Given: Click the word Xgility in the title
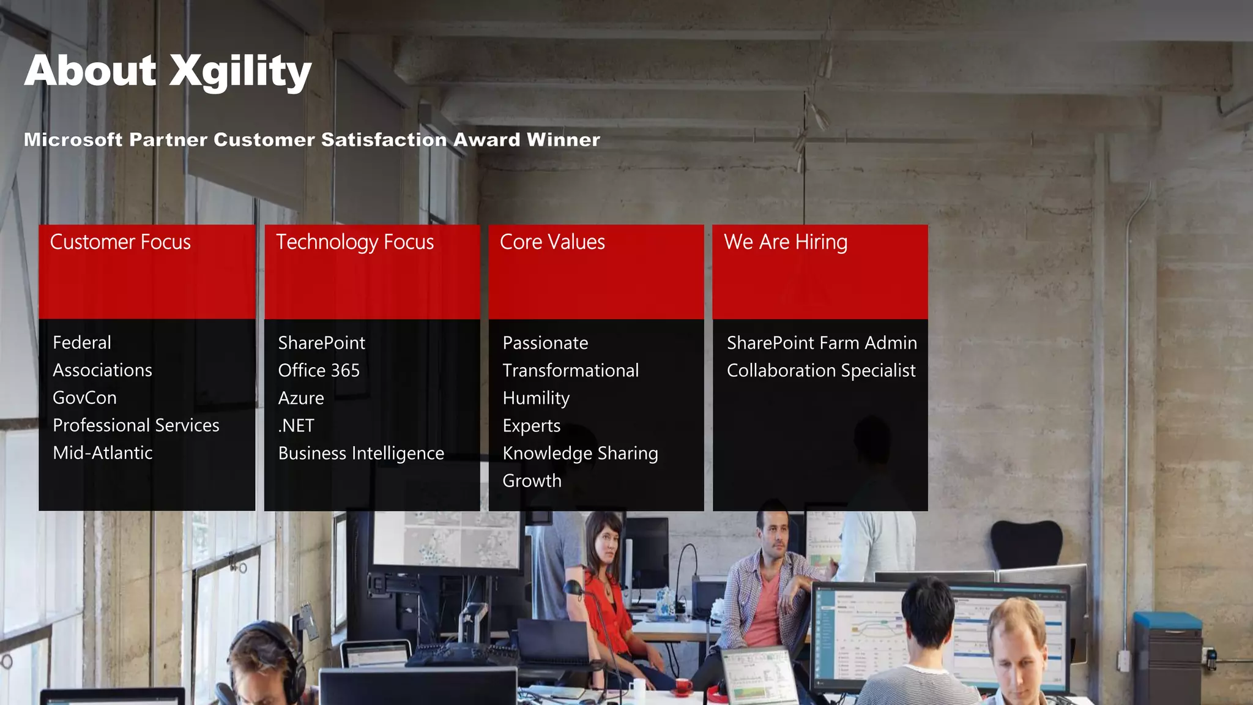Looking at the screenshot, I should point(240,72).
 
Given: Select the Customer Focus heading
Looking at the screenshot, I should point(120,242).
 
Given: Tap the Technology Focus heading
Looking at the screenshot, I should point(355,242).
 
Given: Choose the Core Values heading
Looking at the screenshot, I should point(552,242).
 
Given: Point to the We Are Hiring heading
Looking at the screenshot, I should point(786,242).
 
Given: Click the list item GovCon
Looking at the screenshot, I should point(84,398).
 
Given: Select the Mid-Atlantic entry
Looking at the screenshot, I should point(102,453).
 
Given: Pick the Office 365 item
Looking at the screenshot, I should point(319,370).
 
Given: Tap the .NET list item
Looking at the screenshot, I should point(296,425).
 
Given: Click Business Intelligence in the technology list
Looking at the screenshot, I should point(361,453).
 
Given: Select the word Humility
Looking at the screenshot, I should point(536,398).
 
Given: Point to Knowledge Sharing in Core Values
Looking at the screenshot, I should point(580,453).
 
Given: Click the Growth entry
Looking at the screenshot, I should point(532,481).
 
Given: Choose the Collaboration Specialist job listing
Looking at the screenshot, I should point(821,370).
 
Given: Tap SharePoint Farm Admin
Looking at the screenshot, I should point(822,343).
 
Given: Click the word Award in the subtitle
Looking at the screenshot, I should point(486,140).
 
